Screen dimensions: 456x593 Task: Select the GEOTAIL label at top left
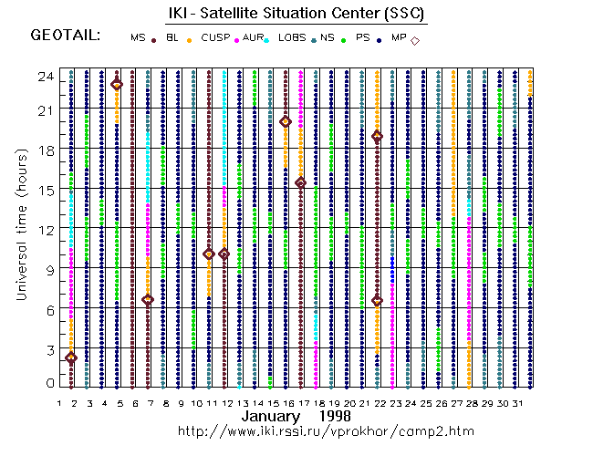[x=66, y=36]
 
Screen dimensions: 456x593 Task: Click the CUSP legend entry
[x=215, y=37]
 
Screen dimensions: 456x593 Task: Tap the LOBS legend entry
[x=292, y=37]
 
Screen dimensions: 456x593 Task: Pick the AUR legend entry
[x=252, y=37]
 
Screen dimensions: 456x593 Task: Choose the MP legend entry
[x=399, y=37]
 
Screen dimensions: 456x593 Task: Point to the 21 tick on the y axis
[x=46, y=110]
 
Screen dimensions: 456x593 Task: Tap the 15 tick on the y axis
[x=46, y=190]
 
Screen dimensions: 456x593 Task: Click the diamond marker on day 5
[x=117, y=84]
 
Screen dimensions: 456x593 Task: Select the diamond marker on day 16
[x=286, y=121]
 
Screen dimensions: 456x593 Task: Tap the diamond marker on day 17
[x=300, y=182]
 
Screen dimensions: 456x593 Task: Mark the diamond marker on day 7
[x=148, y=299]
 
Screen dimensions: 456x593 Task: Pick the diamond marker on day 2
[x=71, y=358]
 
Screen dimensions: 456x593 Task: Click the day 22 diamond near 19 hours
[x=377, y=136]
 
